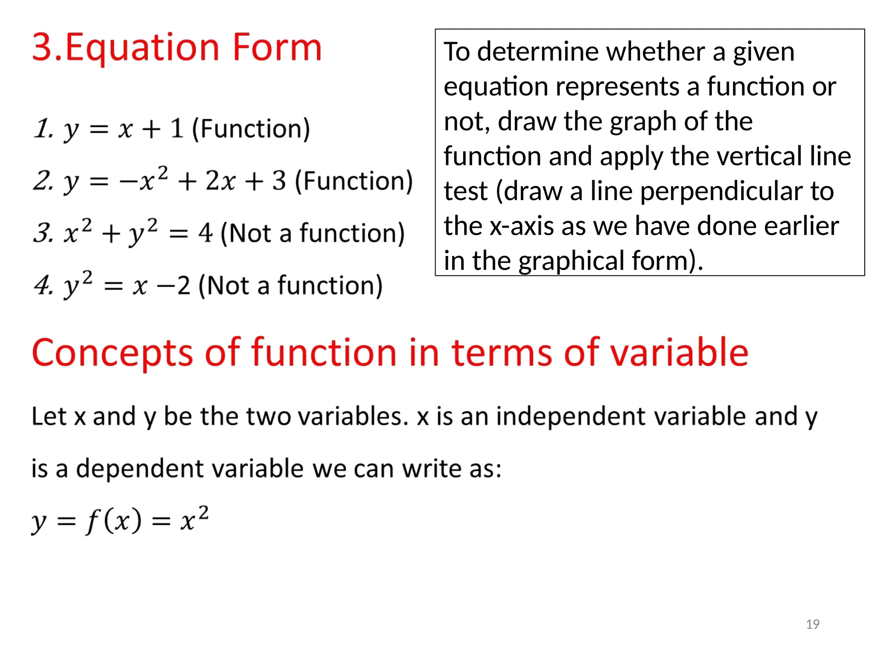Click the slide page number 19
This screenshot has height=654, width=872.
[x=812, y=624]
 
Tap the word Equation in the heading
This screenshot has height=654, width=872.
[x=142, y=48]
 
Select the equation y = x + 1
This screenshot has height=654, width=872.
[x=123, y=129]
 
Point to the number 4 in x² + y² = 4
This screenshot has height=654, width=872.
[x=205, y=233]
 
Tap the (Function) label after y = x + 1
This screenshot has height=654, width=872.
[x=251, y=129]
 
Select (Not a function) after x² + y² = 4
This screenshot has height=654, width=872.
[x=313, y=233]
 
